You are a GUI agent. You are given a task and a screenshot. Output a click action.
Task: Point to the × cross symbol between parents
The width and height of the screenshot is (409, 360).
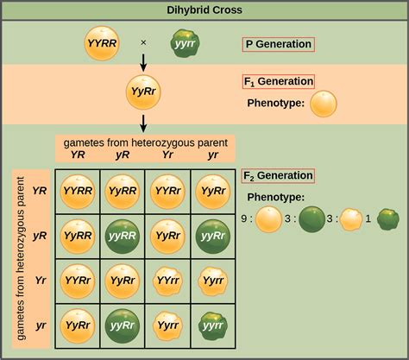point(144,42)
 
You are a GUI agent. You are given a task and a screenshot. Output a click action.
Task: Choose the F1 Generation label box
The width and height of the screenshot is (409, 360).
point(278,82)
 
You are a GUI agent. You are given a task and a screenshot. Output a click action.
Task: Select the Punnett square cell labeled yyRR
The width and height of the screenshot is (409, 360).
point(123,235)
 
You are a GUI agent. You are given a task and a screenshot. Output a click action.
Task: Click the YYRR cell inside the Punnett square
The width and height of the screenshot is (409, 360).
point(78,191)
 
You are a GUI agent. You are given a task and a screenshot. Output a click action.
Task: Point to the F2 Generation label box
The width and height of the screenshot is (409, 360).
point(278,176)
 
